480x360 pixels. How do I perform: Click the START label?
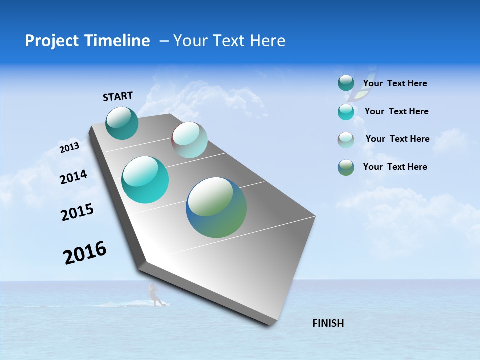click(118, 96)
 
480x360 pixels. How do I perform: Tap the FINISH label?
click(328, 323)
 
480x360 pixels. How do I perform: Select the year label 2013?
click(69, 148)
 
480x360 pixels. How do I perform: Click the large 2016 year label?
click(85, 253)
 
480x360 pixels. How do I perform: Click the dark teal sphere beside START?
click(122, 123)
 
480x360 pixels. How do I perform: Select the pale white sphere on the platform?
click(189, 140)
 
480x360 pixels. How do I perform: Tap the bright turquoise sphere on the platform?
click(145, 180)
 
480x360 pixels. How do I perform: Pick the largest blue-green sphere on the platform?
click(216, 207)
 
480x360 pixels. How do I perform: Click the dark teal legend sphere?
click(346, 83)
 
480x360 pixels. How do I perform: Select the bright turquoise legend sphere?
click(346, 112)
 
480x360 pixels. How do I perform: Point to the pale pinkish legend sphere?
click(346, 140)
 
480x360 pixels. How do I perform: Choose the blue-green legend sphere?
click(346, 167)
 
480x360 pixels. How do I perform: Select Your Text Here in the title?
click(229, 41)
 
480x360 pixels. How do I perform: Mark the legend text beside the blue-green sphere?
click(395, 167)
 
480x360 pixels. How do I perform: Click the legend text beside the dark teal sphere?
click(395, 83)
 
